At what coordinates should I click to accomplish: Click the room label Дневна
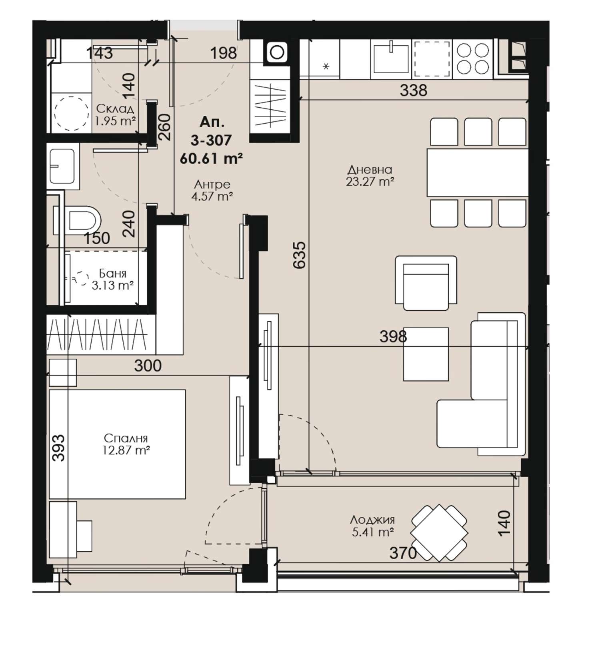(370, 170)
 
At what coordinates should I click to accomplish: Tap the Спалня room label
(126, 438)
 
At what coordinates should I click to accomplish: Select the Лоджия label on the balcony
(372, 520)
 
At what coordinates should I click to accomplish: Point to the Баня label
(112, 273)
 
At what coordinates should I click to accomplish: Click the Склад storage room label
(115, 109)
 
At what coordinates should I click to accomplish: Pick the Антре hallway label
(212, 184)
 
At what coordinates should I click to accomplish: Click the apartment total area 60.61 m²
(211, 159)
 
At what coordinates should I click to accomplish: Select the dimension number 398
(393, 336)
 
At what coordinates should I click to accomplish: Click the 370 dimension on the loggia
(403, 553)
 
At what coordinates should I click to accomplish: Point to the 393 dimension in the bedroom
(58, 448)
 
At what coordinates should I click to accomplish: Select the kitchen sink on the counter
(391, 59)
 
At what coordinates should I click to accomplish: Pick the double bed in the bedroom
(117, 444)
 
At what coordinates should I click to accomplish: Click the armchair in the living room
(426, 283)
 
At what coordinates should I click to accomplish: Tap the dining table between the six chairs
(478, 173)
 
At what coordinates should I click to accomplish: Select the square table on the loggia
(439, 533)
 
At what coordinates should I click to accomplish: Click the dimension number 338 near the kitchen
(414, 90)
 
